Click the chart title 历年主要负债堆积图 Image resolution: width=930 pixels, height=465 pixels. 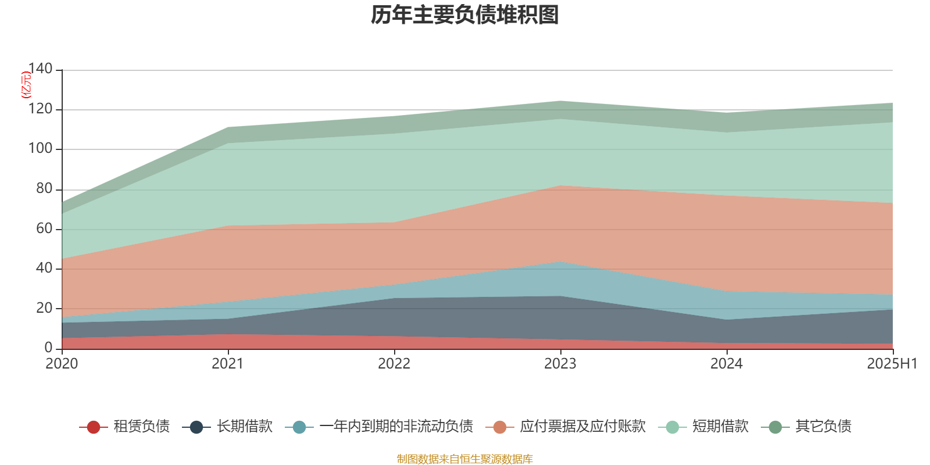465,16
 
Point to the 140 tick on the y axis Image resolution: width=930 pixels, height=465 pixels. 40,69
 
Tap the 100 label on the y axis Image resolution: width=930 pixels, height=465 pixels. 40,149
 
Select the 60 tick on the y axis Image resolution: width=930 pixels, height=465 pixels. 44,228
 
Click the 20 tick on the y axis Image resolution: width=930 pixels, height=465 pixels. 44,308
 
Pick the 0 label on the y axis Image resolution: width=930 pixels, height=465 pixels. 48,348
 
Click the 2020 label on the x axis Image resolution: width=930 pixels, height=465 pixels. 62,364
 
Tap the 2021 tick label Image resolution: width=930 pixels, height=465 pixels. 228,364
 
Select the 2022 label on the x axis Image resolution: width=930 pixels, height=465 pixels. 394,364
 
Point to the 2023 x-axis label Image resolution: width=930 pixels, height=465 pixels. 560,364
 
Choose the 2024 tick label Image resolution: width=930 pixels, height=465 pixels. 727,364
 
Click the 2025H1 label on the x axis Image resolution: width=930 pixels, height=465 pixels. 892,364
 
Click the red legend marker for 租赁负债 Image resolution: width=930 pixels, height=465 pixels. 93,427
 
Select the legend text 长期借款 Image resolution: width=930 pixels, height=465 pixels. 245,427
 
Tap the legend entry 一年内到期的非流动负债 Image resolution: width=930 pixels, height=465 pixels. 396,427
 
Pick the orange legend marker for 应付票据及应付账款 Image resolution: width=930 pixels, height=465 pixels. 500,427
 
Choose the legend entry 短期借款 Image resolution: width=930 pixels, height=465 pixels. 720,427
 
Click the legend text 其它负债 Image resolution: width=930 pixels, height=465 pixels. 823,427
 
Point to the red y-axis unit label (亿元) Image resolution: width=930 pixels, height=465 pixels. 26,85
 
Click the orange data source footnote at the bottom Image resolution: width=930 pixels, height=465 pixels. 465,459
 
